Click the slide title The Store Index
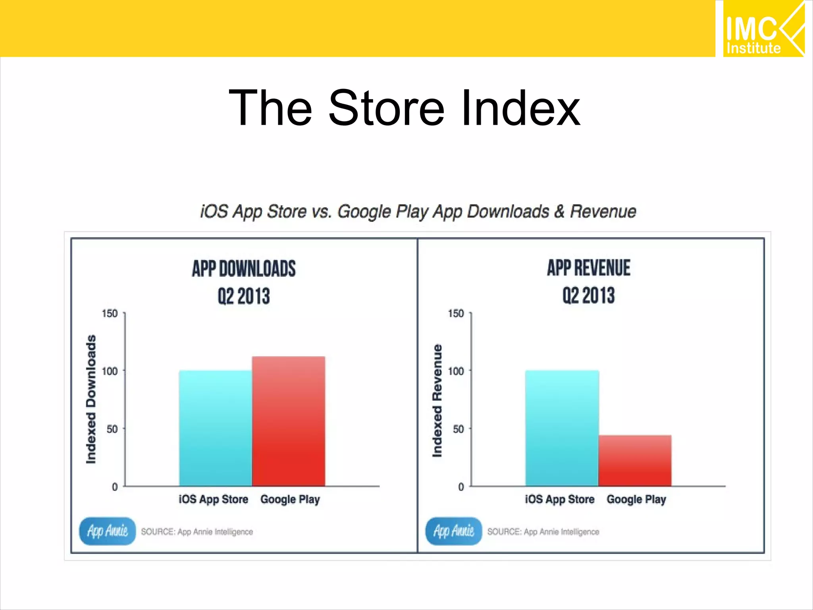tap(404, 108)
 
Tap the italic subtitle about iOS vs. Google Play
tap(418, 211)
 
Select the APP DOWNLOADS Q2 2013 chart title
tap(244, 282)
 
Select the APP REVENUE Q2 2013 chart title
tap(588, 281)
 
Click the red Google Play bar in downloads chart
tap(289, 421)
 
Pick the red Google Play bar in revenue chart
tap(635, 461)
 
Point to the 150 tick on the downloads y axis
tap(110, 314)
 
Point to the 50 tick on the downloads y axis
tap(112, 429)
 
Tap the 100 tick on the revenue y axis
tap(456, 371)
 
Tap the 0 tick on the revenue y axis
tap(460, 487)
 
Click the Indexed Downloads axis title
tap(91, 399)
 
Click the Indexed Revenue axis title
tap(437, 400)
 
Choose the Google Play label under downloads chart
tap(290, 499)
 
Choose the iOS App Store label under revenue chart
tap(559, 499)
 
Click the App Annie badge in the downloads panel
tap(107, 531)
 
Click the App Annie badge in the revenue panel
tap(453, 531)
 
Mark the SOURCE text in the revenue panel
tap(543, 532)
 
